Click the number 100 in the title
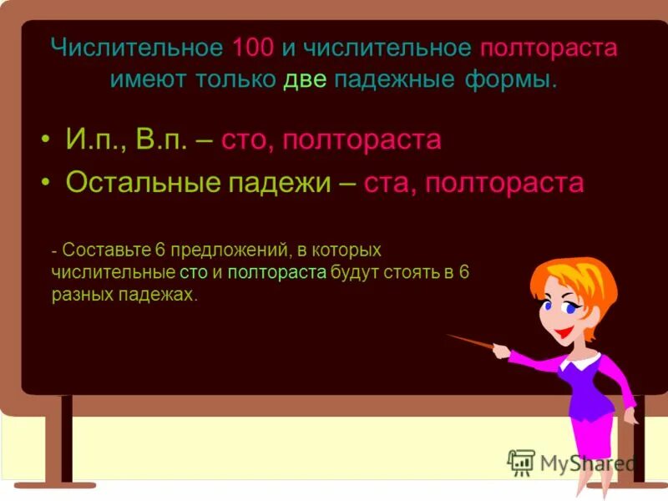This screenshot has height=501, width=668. point(254,47)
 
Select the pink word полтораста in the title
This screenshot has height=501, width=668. point(549,47)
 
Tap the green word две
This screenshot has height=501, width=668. point(305,81)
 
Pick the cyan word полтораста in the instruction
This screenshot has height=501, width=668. point(276,272)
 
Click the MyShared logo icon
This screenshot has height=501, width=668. point(521,462)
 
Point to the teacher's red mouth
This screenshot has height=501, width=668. point(565,332)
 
